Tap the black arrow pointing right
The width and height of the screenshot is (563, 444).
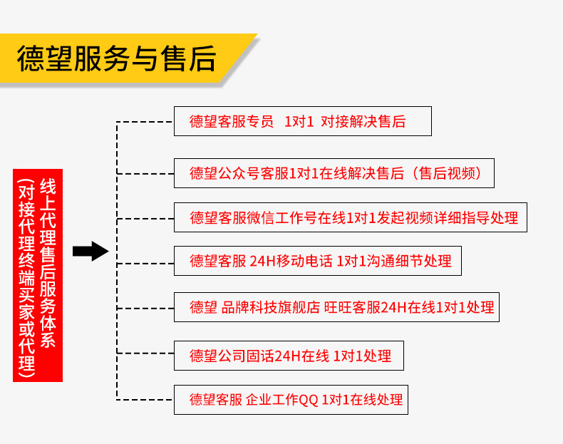(90, 251)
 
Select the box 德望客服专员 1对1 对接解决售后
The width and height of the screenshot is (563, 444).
(302, 122)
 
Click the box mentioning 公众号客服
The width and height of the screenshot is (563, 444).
(334, 173)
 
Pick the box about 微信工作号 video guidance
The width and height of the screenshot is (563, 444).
(351, 217)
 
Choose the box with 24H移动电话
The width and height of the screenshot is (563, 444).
(317, 262)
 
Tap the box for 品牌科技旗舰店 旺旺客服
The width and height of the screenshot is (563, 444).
(337, 308)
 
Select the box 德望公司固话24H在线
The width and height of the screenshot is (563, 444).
(288, 356)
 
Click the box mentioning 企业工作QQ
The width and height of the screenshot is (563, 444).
(291, 400)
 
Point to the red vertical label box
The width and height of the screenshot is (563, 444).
(38, 275)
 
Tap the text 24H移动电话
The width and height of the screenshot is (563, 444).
(291, 262)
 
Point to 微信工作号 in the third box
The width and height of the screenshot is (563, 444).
(281, 217)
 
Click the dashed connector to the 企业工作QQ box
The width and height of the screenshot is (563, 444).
(145, 399)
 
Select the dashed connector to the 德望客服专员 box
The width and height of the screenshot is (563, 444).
(145, 122)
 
